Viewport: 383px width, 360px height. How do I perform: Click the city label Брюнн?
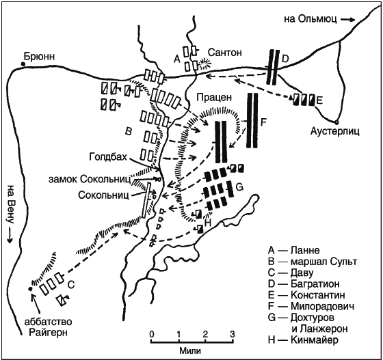pos(39,57)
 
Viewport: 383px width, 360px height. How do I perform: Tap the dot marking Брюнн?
pos(23,64)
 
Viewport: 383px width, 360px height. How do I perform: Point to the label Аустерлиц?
pos(335,132)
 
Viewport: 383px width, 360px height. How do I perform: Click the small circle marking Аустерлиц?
pos(336,122)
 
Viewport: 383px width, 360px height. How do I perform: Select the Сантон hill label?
pos(225,53)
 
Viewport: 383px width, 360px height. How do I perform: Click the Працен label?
pos(213,97)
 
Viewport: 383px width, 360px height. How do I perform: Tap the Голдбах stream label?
pos(108,157)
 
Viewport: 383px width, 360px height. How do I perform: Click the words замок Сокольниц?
pos(90,180)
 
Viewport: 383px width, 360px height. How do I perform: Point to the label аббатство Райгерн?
pos(48,327)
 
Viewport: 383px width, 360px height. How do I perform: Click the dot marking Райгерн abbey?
pos(30,289)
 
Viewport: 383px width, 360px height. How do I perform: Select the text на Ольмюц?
pos(311,19)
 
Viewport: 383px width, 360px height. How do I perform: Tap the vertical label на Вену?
pos(10,204)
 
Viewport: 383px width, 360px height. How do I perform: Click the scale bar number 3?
pos(233,334)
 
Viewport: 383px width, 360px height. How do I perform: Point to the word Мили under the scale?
pos(190,351)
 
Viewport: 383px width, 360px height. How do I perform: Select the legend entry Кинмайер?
pos(315,340)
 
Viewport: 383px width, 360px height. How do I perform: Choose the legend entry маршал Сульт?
pos(323,262)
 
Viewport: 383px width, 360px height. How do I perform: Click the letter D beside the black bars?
pos(285,59)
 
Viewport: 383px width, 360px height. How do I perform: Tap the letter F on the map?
pos(263,122)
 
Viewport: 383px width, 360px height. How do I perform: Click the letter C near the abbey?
pos(71,284)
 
